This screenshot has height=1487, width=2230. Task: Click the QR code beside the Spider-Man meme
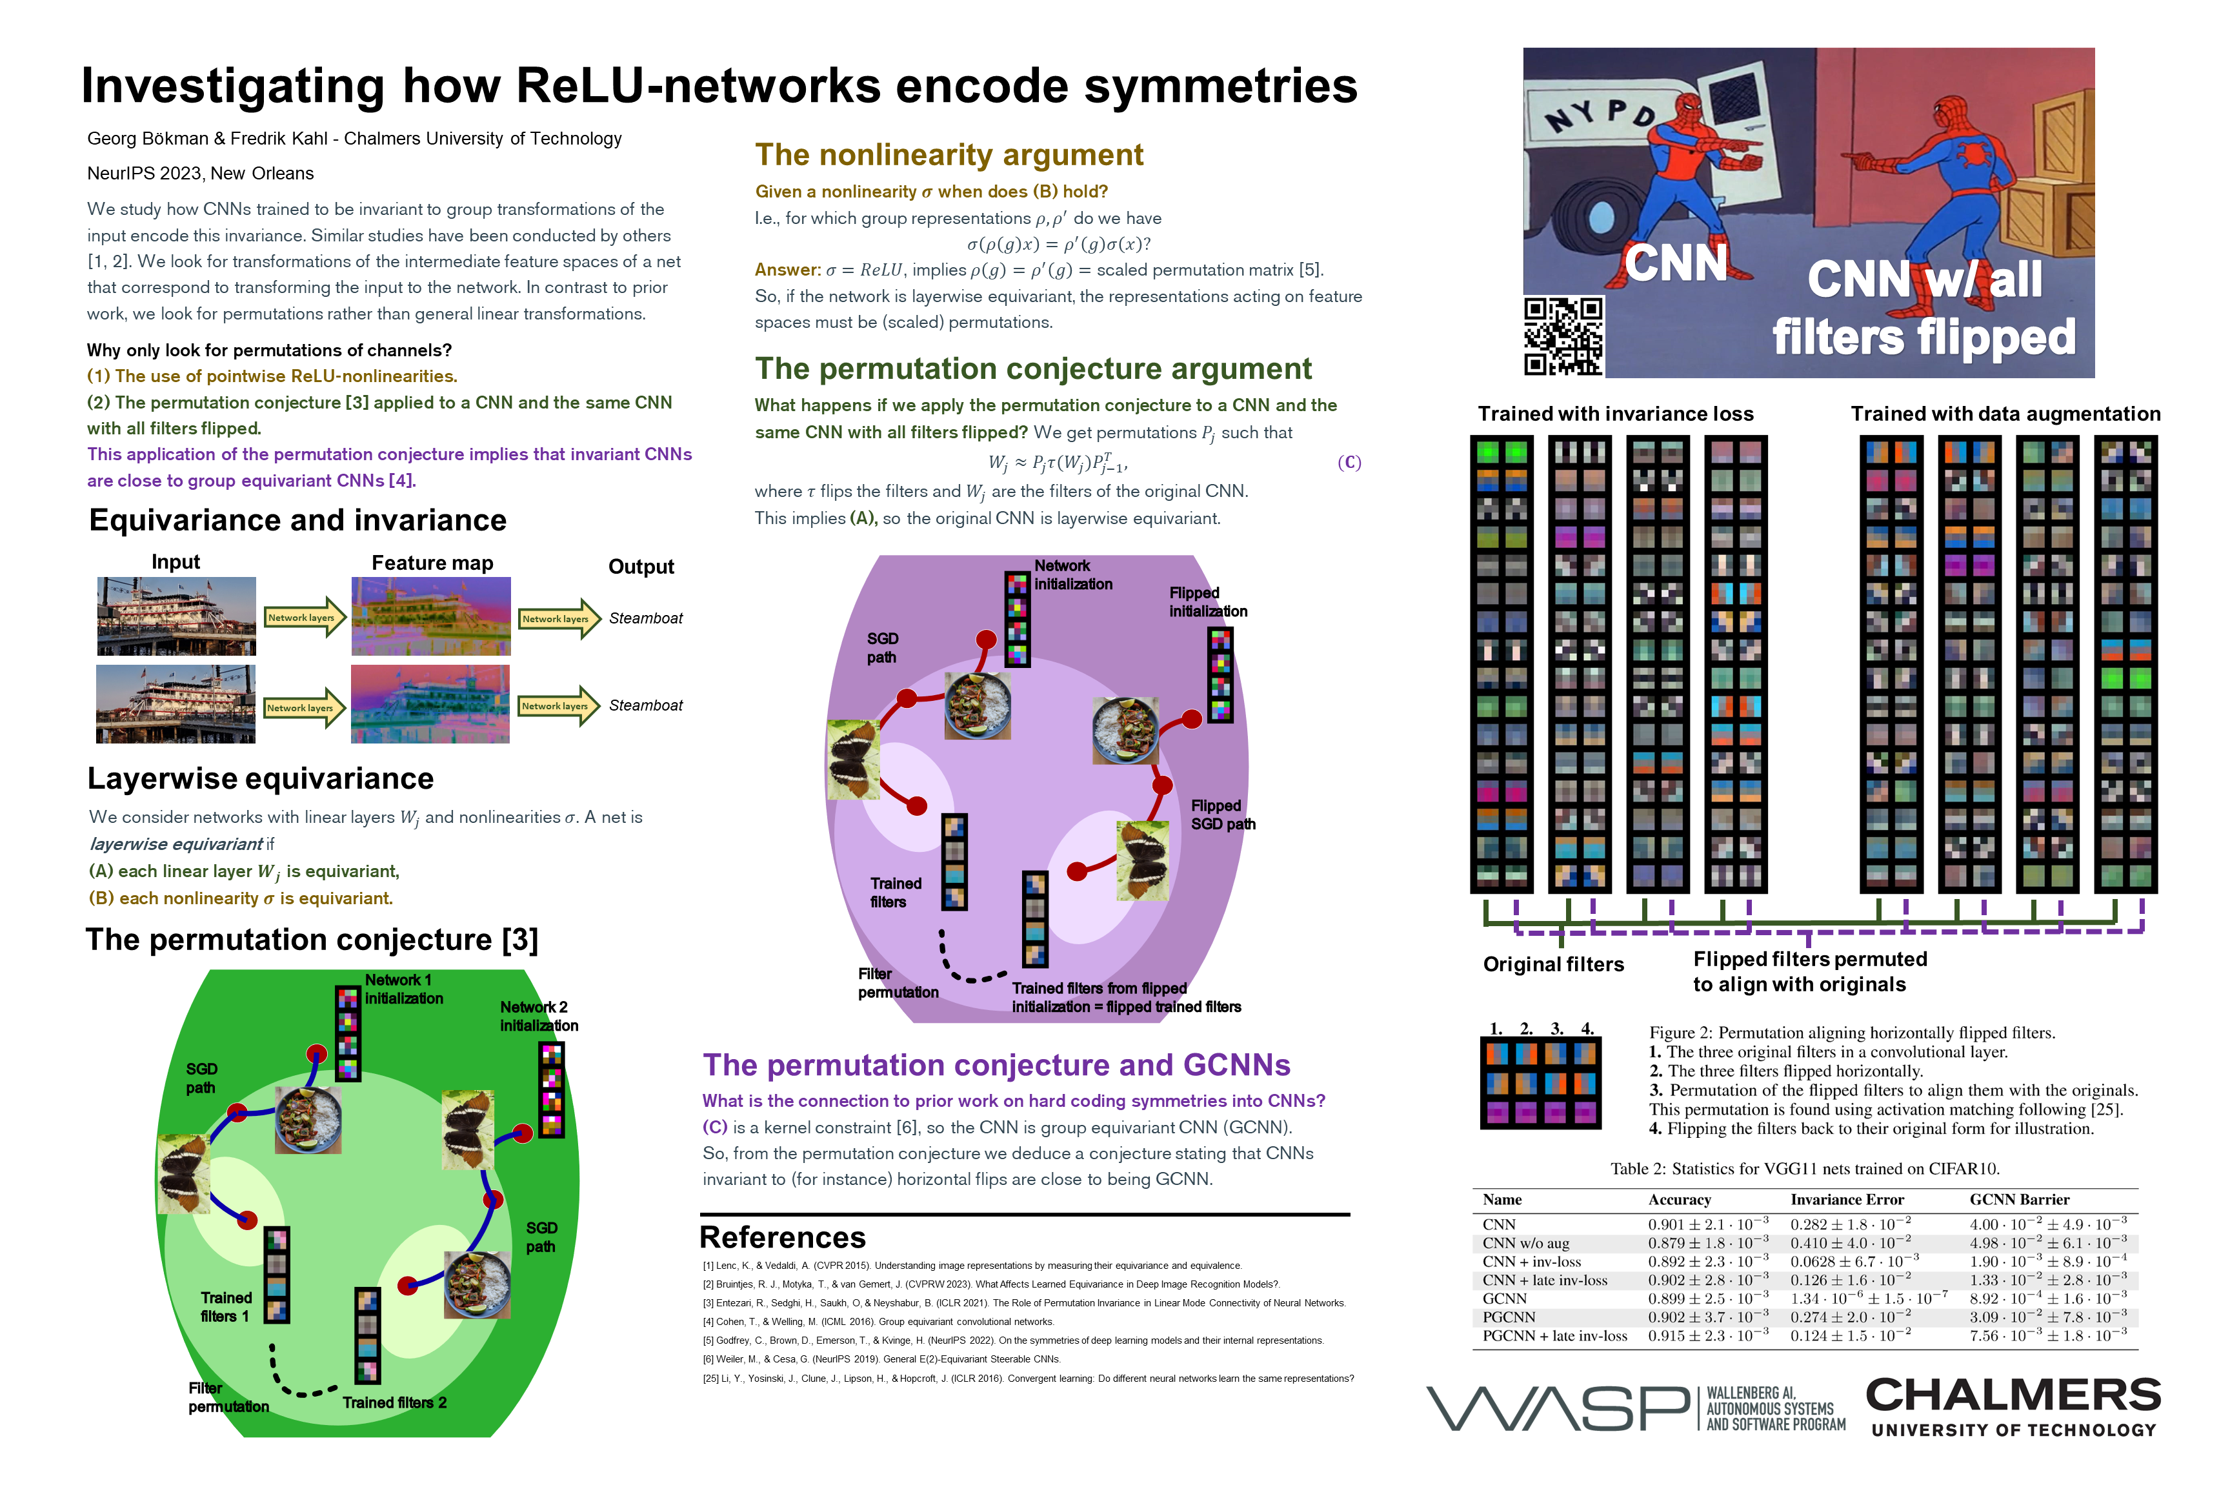point(1563,337)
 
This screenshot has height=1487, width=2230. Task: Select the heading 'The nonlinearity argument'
point(948,155)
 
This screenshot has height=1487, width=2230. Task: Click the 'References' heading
point(782,1238)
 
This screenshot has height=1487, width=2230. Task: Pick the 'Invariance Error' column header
point(1846,1200)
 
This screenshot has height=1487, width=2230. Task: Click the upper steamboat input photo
point(176,616)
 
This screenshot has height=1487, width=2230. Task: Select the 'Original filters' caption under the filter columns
point(1553,964)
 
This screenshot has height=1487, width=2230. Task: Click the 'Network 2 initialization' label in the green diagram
point(537,1016)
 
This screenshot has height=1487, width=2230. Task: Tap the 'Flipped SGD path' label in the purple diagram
point(1222,814)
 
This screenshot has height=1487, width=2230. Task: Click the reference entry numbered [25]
point(1028,1378)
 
